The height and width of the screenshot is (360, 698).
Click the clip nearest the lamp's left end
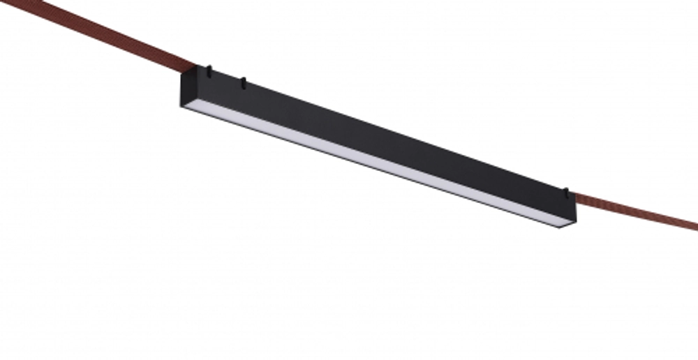point(208,70)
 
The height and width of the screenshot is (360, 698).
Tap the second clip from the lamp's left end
point(243,83)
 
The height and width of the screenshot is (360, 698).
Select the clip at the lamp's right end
point(567,190)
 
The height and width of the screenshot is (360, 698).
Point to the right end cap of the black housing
point(572,212)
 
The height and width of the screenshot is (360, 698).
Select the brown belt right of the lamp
point(635,209)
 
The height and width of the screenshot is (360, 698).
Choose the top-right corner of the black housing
point(577,196)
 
